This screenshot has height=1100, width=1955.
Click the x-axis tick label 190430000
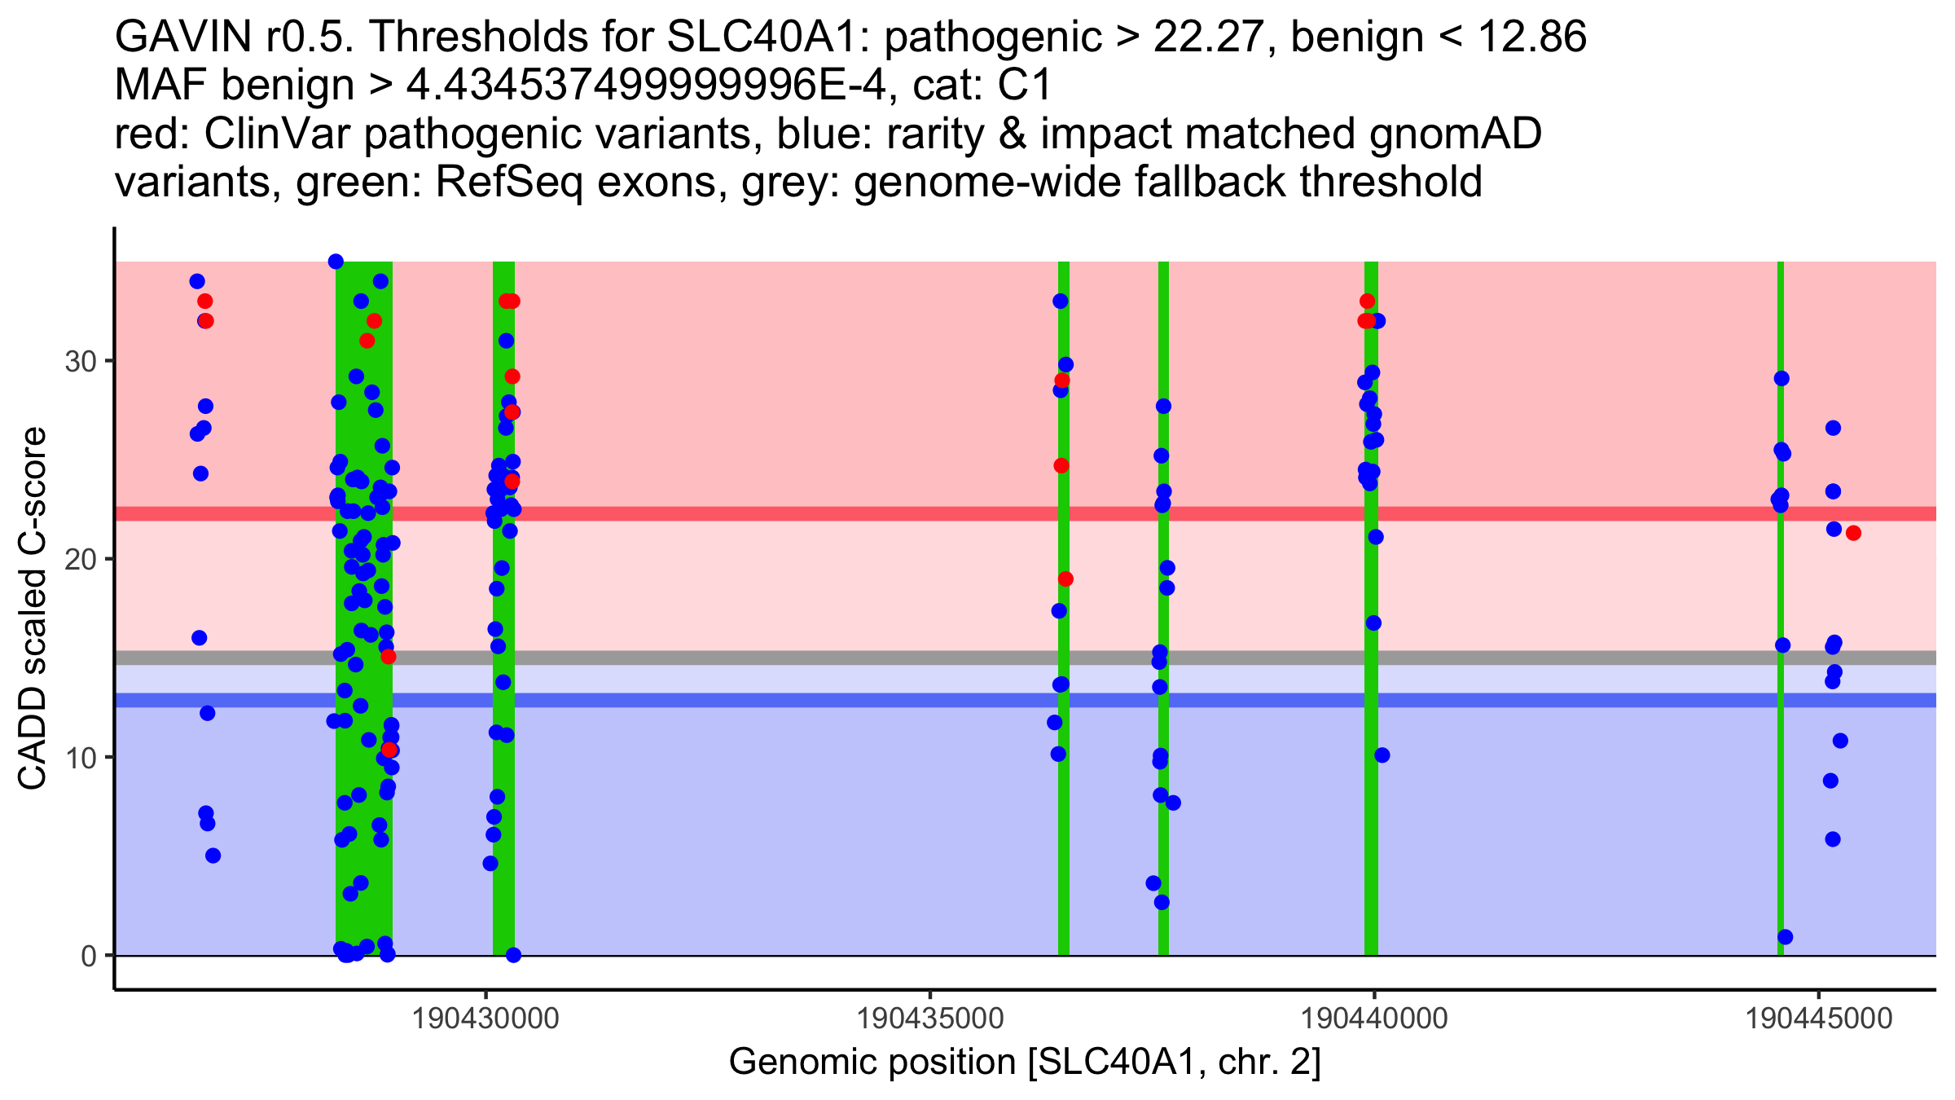pyautogui.click(x=486, y=1019)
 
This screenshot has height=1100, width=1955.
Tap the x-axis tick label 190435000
pyautogui.click(x=931, y=1019)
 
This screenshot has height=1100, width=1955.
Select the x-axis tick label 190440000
pyautogui.click(x=1375, y=1019)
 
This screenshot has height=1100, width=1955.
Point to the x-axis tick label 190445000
pyautogui.click(x=1819, y=1019)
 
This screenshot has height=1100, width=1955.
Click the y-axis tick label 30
pyautogui.click(x=81, y=361)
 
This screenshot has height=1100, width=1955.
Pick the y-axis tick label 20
pyautogui.click(x=81, y=559)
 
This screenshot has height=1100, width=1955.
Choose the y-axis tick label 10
pyautogui.click(x=81, y=757)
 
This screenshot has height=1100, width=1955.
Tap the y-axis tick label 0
pyautogui.click(x=89, y=956)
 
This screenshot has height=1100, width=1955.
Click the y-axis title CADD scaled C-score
pyautogui.click(x=33, y=609)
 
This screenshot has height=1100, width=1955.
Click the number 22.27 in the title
pyautogui.click(x=1204, y=37)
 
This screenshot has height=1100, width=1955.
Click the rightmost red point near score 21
pyautogui.click(x=1853, y=533)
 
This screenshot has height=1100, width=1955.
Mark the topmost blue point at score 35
pyautogui.click(x=336, y=262)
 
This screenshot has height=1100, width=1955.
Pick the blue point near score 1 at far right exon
pyautogui.click(x=1785, y=937)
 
